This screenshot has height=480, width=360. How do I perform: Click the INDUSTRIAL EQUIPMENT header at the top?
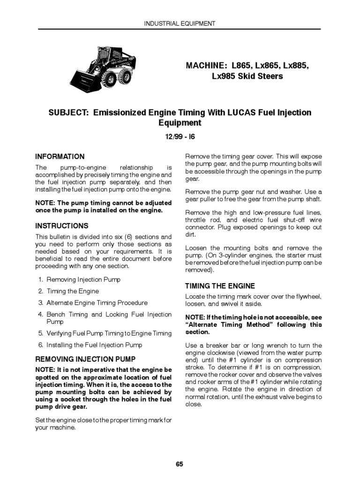[180, 23]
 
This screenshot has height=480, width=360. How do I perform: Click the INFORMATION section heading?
[60, 157]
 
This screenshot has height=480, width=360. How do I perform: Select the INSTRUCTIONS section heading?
[62, 226]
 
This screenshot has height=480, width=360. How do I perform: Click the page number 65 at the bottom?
[180, 464]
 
